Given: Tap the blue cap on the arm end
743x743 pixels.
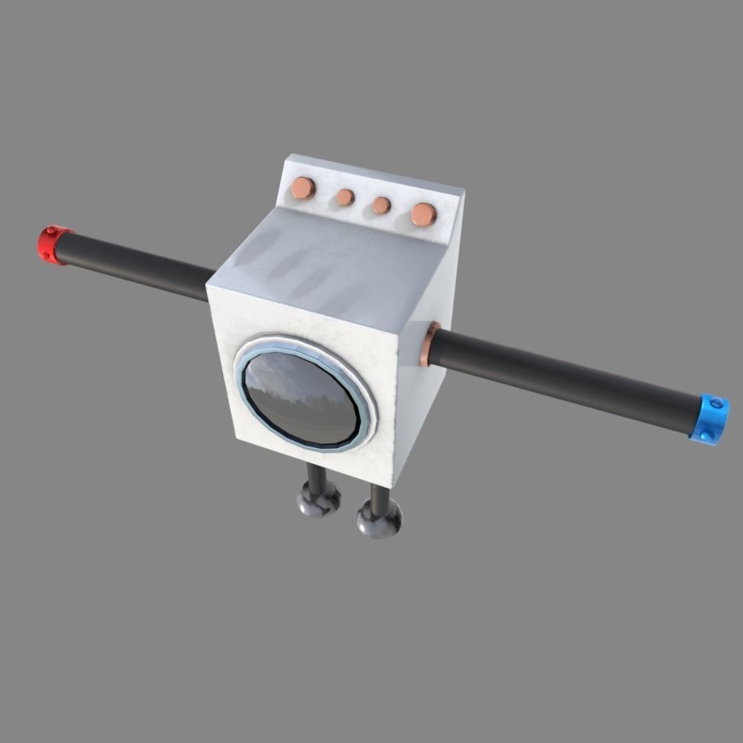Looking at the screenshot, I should coord(709,420).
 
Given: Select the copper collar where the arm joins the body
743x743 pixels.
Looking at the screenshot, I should coord(428,344).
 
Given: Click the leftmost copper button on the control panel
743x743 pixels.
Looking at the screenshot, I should coord(302,188).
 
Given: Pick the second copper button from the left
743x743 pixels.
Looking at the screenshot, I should coord(345,197).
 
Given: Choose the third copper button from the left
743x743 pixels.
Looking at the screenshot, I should coord(381,205).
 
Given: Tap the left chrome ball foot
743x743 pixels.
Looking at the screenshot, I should coord(319,499).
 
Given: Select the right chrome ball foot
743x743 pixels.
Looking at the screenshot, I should coord(379,519).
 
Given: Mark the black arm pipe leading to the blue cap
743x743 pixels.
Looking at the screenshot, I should coord(565,380).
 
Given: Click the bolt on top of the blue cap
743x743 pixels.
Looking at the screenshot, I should coord(716,403).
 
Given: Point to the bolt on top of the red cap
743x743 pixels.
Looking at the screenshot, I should coord(51,231).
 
